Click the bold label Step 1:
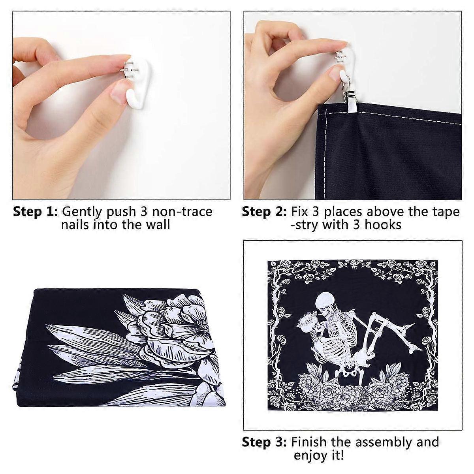36,212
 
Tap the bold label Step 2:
264,212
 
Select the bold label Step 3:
264,442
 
